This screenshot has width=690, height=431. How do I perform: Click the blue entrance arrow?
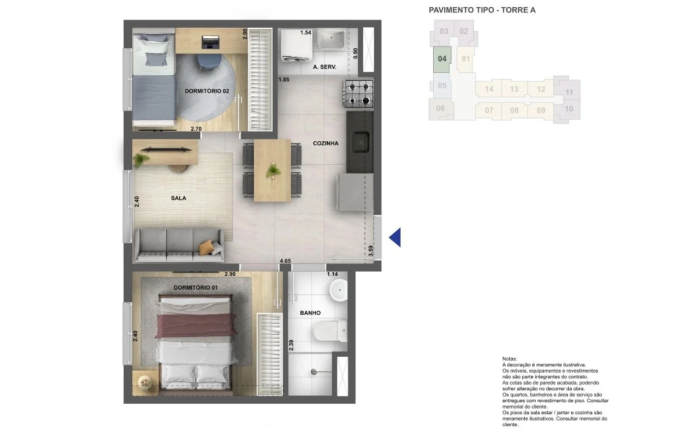tap(396, 238)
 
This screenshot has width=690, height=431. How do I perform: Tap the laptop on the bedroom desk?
tap(211, 42)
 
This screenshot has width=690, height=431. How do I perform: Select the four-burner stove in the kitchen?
tap(359, 93)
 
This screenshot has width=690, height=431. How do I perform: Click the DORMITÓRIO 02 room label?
tap(207, 91)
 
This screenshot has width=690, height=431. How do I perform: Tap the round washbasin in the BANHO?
tap(338, 290)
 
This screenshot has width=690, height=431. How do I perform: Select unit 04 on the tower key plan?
tap(442, 59)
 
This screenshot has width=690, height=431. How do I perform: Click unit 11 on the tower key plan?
tap(569, 92)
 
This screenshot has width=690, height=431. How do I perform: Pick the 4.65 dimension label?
tap(285, 261)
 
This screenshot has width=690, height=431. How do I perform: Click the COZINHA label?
tap(326, 144)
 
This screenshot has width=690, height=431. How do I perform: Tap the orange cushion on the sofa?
tap(206, 248)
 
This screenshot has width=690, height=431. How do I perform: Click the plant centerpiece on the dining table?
tap(273, 170)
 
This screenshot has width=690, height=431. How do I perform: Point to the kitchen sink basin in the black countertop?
tap(361, 142)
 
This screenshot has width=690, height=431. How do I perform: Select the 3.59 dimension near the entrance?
tap(371, 250)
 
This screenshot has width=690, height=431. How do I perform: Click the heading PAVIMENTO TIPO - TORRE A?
tap(482, 10)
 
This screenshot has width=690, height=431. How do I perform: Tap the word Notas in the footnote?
tap(509, 359)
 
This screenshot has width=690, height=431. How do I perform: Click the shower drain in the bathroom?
tap(314, 372)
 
